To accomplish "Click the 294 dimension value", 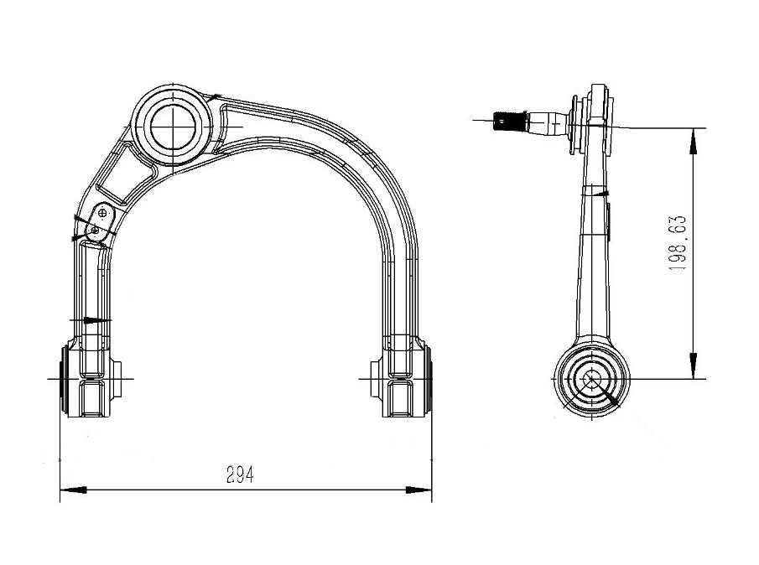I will (240, 475).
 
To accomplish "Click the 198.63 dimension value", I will (678, 241).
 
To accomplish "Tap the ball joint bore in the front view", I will (173, 126).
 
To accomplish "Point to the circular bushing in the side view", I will (590, 379).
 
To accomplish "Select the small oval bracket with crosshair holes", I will (100, 220).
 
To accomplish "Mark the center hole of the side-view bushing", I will (590, 379).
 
